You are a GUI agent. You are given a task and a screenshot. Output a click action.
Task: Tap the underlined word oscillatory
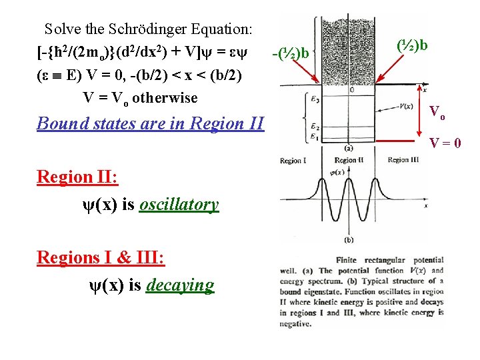tap(179, 205)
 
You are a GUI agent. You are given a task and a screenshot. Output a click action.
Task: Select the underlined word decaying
tap(181, 285)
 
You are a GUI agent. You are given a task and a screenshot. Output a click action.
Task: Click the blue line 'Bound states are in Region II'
tap(151, 123)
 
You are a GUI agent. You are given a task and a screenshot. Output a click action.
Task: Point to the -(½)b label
tap(291, 52)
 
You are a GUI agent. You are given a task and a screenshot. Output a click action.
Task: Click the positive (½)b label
tap(412, 45)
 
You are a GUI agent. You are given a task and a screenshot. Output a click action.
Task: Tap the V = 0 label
tap(445, 141)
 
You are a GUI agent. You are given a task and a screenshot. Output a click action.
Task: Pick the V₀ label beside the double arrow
tap(437, 112)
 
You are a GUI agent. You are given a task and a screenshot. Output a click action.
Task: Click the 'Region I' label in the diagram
tap(293, 161)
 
